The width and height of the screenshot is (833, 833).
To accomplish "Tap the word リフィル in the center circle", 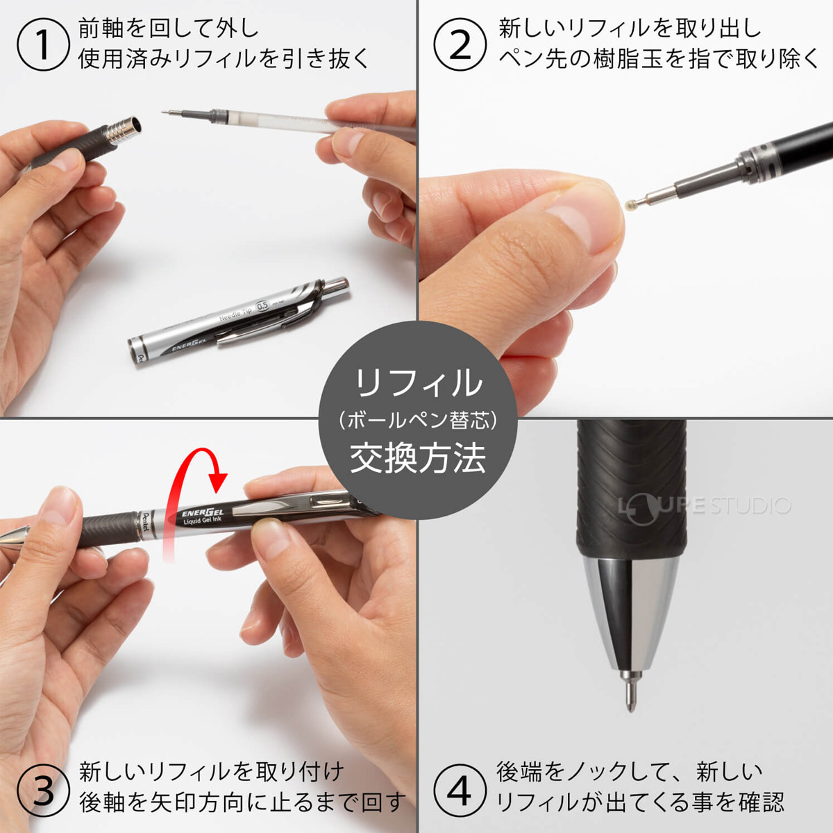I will tap(418, 382).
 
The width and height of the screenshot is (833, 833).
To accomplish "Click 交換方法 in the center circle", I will tap(418, 458).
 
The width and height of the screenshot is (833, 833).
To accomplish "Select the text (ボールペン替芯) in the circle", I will tap(418, 420).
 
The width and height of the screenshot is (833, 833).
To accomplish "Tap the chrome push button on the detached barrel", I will tap(337, 285).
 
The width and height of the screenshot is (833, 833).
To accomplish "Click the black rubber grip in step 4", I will tap(630, 486).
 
